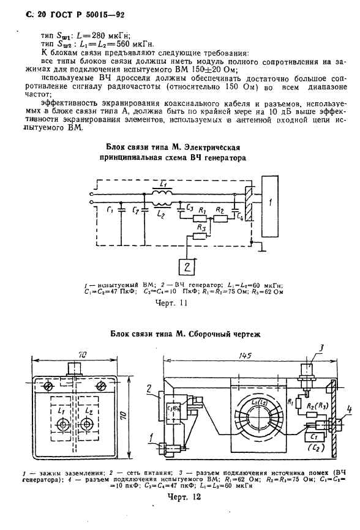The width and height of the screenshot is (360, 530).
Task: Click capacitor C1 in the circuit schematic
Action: (121, 212)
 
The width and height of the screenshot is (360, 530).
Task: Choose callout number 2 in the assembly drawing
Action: (149, 389)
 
